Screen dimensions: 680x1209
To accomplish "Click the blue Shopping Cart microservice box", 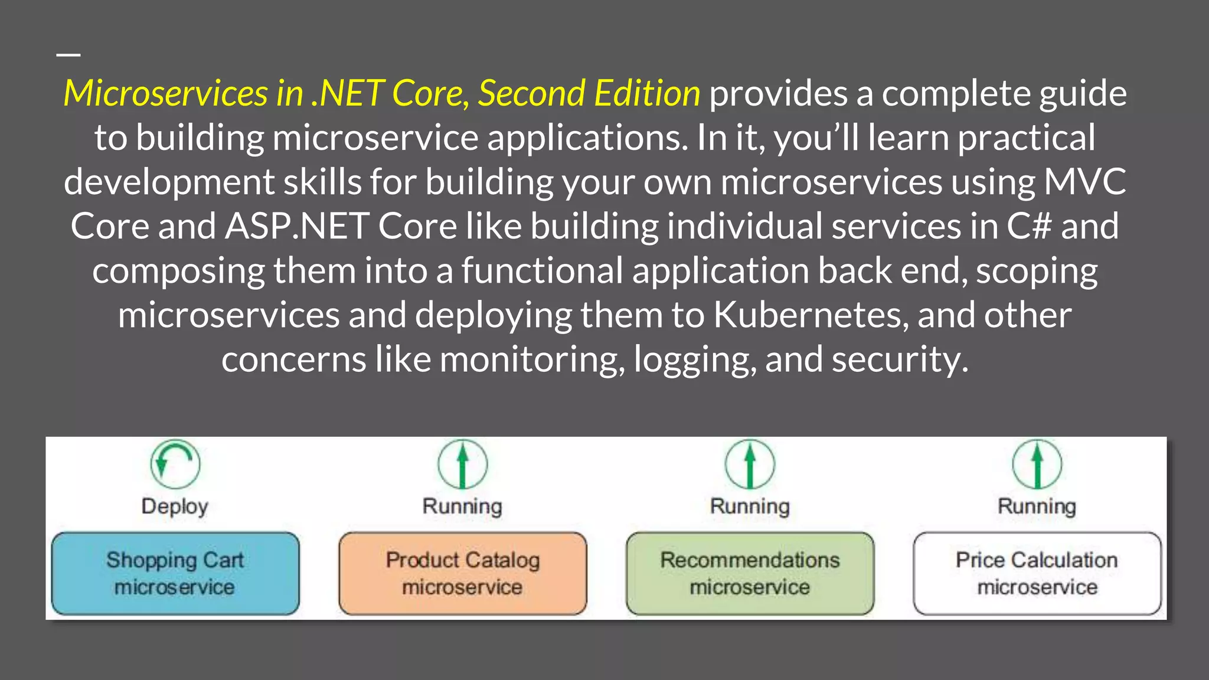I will click(x=175, y=573).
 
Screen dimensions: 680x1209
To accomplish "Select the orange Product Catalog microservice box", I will click(x=463, y=573).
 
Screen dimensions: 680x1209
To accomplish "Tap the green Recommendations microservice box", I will click(x=750, y=573).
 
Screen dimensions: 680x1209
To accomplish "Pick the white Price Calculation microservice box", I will click(x=1037, y=573).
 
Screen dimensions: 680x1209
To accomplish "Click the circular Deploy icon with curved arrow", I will click(x=175, y=464).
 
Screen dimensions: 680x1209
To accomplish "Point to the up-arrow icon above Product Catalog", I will click(x=463, y=464).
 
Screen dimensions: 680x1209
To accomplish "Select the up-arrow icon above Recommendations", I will click(x=750, y=464).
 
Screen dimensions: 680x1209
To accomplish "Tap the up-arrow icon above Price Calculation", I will click(x=1037, y=464).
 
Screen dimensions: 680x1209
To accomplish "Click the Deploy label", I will click(x=175, y=506).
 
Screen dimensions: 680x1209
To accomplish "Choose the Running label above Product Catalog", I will click(x=462, y=506).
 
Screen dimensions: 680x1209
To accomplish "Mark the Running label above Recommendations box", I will click(x=750, y=506).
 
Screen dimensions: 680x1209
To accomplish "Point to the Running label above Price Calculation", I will click(x=1037, y=506).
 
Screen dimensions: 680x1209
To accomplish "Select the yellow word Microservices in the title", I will click(x=165, y=93).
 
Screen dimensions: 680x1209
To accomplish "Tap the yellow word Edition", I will click(x=647, y=93).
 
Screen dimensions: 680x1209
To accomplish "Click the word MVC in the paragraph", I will click(x=1085, y=182).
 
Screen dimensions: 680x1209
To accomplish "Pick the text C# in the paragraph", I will click(x=1029, y=226).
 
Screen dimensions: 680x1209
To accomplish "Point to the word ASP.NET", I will click(x=297, y=226).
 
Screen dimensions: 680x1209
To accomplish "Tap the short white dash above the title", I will click(x=68, y=54).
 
